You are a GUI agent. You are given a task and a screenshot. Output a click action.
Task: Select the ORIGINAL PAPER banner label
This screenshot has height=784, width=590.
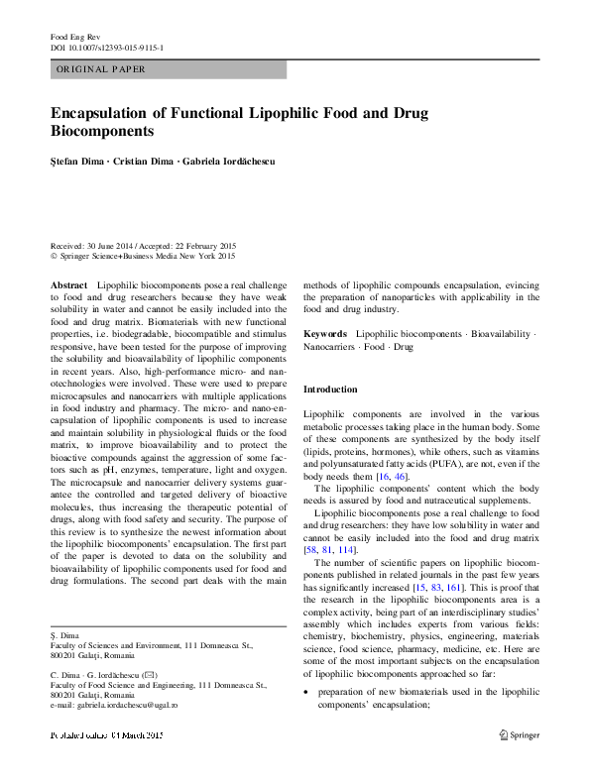[x=100, y=69]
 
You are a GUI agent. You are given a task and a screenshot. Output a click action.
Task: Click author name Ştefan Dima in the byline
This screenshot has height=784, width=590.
[x=75, y=161]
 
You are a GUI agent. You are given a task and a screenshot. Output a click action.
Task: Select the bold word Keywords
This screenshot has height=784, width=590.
[x=324, y=334]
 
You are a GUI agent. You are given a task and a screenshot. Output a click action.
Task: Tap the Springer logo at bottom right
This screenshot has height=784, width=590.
[x=519, y=734]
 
